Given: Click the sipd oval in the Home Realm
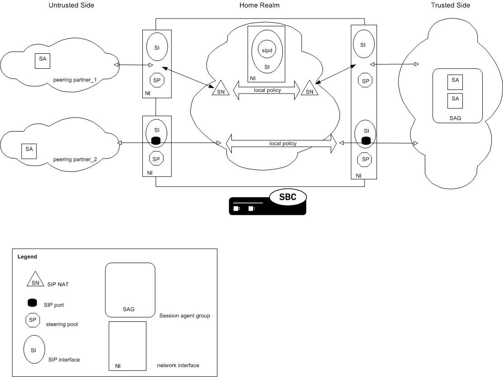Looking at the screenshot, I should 267,49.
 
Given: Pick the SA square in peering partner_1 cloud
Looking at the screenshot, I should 42,60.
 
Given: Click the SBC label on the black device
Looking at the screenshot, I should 287,197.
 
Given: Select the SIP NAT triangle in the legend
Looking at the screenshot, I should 35,283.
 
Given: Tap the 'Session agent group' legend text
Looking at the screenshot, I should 184,315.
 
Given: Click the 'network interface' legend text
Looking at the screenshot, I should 178,365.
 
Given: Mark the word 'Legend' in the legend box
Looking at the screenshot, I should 27,256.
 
